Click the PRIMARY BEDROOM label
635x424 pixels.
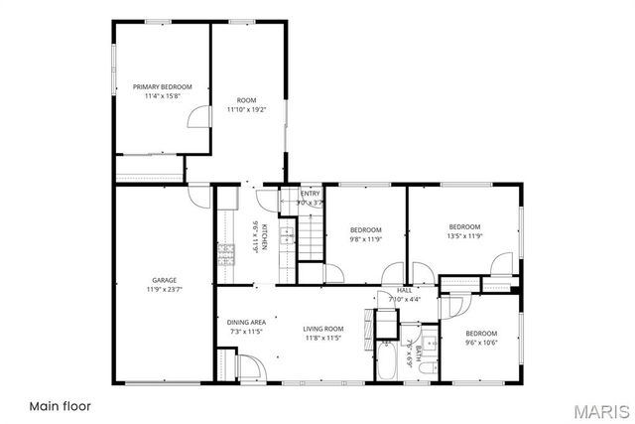pyautogui.click(x=162, y=87)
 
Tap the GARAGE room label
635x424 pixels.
pyautogui.click(x=164, y=280)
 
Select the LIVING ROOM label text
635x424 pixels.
pyautogui.click(x=323, y=329)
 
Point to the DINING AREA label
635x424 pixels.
pyautogui.click(x=246, y=322)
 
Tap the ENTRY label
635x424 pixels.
pyautogui.click(x=311, y=194)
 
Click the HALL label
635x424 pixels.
pyautogui.click(x=406, y=290)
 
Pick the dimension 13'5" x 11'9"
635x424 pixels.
pyautogui.click(x=464, y=236)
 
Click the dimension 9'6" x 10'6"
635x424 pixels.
pyautogui.click(x=481, y=343)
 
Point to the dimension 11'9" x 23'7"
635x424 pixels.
pyautogui.click(x=164, y=290)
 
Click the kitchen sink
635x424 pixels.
pyautogui.click(x=286, y=236)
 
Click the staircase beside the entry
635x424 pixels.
pyautogui.click(x=312, y=239)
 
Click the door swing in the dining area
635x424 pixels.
pyautogui.click(x=251, y=366)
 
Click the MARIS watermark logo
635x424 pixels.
pyautogui.click(x=593, y=410)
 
